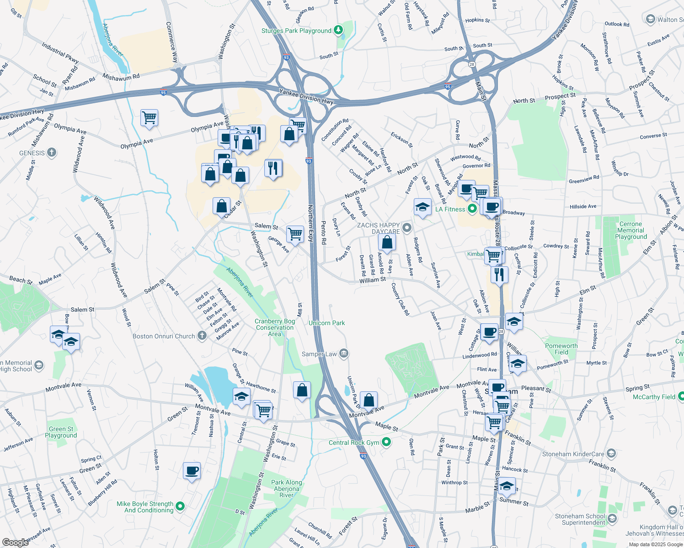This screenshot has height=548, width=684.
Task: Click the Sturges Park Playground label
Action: click(x=296, y=31)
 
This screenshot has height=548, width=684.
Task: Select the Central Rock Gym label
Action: click(x=354, y=443)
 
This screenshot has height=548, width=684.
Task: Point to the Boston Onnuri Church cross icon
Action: click(x=202, y=336)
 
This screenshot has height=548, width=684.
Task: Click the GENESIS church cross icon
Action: click(x=52, y=153)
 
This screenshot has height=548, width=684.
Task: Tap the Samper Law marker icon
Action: click(x=344, y=354)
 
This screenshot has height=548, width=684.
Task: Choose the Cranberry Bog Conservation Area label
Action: click(x=275, y=327)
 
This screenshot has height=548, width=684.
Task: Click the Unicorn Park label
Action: click(x=326, y=323)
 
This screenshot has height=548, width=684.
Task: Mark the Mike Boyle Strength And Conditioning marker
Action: click(x=180, y=506)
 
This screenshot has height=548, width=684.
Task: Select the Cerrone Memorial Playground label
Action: click(x=631, y=230)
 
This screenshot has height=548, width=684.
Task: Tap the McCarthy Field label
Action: click(x=654, y=397)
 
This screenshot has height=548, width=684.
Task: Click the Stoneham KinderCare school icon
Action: click(x=612, y=453)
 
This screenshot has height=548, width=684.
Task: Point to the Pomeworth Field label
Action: click(x=561, y=349)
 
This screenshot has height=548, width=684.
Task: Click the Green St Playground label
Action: click(x=61, y=432)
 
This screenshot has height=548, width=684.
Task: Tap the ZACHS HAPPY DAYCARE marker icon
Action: click(x=407, y=227)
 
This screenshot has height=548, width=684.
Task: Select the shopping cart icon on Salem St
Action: click(x=295, y=233)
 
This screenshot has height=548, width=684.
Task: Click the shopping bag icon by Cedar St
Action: click(x=221, y=206)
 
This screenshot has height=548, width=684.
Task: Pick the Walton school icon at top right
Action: click(x=650, y=19)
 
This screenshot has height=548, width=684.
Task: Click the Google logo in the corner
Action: click(x=15, y=543)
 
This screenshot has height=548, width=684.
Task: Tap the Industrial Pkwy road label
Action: click(x=60, y=53)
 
